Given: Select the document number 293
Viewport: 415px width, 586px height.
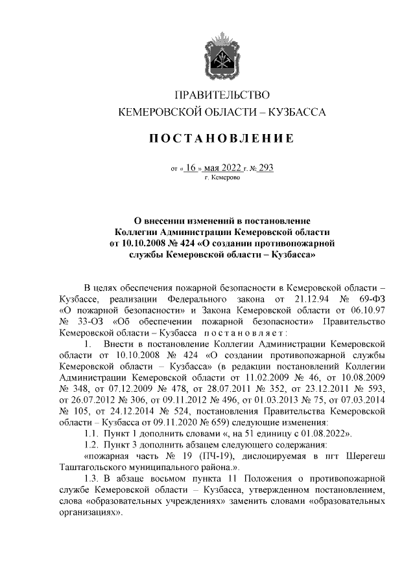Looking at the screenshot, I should [266, 167].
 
